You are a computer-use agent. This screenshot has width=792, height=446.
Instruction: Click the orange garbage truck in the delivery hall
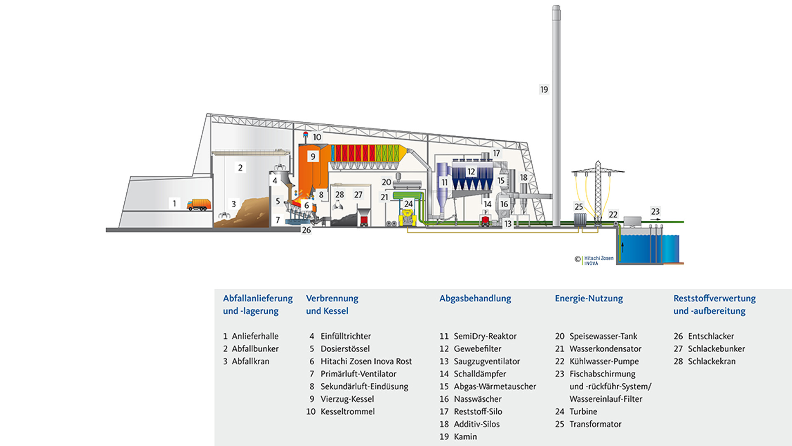tap(199, 204)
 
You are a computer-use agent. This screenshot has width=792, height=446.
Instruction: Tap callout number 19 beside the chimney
tap(544, 90)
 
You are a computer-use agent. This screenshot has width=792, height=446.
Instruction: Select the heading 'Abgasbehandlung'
tap(475, 299)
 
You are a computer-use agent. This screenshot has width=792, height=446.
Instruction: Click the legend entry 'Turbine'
tap(583, 412)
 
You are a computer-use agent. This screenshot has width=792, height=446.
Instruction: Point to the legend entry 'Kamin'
tap(465, 437)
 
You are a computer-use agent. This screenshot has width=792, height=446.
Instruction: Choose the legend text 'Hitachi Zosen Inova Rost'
tap(366, 361)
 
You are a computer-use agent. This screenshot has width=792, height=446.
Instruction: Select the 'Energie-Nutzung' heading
tap(589, 299)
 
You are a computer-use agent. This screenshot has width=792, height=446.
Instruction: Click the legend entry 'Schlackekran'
tap(711, 361)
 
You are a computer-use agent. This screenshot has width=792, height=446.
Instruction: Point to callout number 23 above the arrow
tap(655, 211)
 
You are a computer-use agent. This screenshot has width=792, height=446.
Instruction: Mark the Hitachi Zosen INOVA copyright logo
tap(594, 260)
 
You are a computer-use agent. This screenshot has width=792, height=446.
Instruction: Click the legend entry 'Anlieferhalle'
tap(255, 336)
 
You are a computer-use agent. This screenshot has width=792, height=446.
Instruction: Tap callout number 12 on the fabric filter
tap(471, 171)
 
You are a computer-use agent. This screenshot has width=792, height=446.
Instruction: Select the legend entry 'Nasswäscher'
tap(477, 399)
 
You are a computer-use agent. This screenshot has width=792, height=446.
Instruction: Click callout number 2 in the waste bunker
tap(240, 168)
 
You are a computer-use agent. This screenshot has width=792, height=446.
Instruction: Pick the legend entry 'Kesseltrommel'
tap(347, 412)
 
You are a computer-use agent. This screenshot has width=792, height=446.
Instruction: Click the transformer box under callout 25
tap(580, 219)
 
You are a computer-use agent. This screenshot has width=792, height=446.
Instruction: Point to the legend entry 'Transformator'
tap(595, 424)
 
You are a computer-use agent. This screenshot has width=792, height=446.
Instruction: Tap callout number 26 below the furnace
tap(306, 230)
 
